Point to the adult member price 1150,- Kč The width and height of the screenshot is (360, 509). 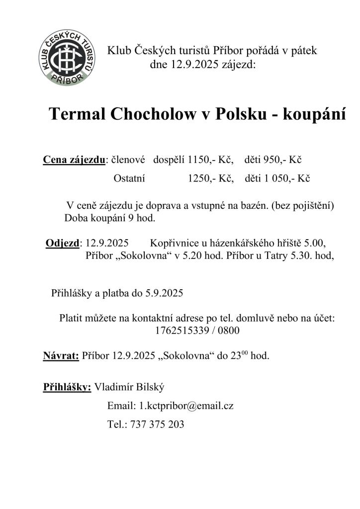tap(211, 160)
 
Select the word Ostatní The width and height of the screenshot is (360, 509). tap(129, 179)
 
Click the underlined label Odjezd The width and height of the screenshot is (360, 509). tap(63, 244)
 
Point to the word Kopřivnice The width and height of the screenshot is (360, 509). tap(173, 244)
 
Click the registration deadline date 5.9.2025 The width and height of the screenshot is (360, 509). tap(164, 293)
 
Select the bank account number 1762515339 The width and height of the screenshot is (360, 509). tap(179, 330)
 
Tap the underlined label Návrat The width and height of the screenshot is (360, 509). tap(61, 356)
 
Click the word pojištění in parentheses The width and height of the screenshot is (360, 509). tap(311, 205)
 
